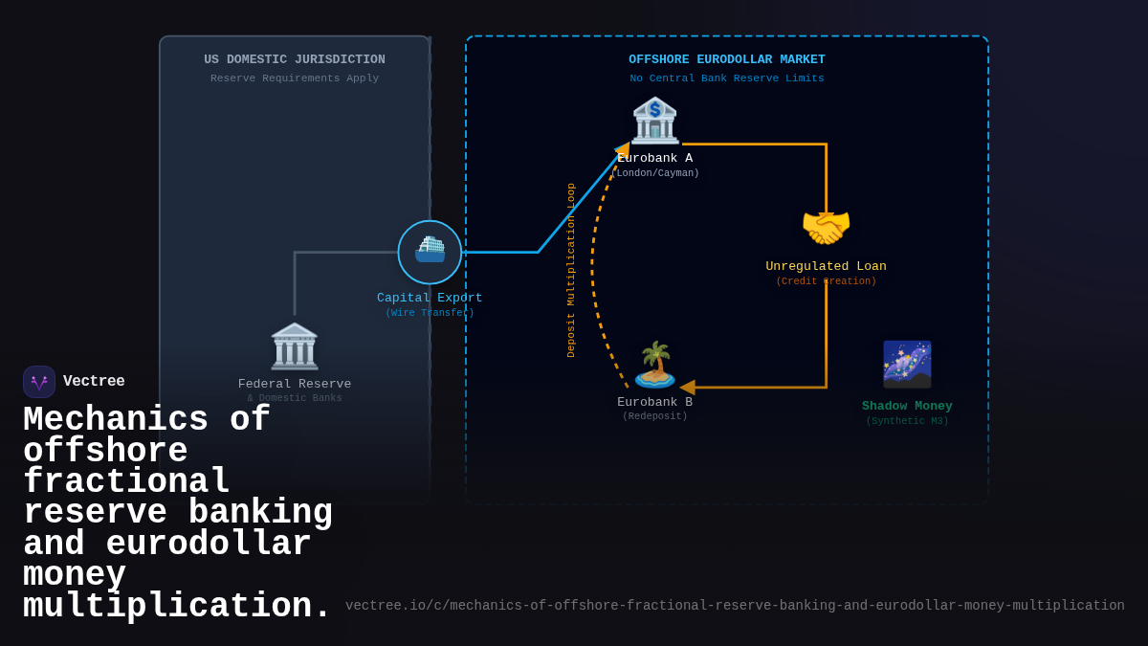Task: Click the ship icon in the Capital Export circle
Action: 430,251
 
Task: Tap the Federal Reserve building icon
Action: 295,346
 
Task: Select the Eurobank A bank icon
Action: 655,121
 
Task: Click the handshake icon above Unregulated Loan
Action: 826,228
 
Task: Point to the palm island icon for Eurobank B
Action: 655,365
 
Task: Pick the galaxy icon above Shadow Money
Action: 907,365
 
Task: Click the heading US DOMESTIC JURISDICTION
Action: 295,59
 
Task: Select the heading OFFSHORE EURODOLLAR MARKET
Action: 727,59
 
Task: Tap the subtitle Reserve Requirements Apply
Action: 295,78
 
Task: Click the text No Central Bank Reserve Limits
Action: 727,78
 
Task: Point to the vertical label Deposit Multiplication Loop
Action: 571,270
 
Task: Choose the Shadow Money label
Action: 907,406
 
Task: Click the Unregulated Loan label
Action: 826,266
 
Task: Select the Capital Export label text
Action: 430,298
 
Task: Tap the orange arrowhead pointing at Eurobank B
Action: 687,388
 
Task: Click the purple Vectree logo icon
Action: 39,382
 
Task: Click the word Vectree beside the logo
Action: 94,382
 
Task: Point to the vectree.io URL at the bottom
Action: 735,606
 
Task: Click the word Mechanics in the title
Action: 116,420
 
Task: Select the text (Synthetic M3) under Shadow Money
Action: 907,421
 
